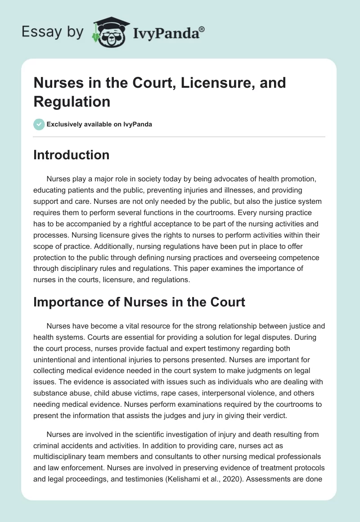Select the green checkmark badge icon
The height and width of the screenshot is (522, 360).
[39, 124]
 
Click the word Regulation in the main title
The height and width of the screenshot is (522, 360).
[72, 101]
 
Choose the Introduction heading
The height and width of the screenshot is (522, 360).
[72, 155]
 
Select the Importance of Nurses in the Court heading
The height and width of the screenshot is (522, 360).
[139, 301]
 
